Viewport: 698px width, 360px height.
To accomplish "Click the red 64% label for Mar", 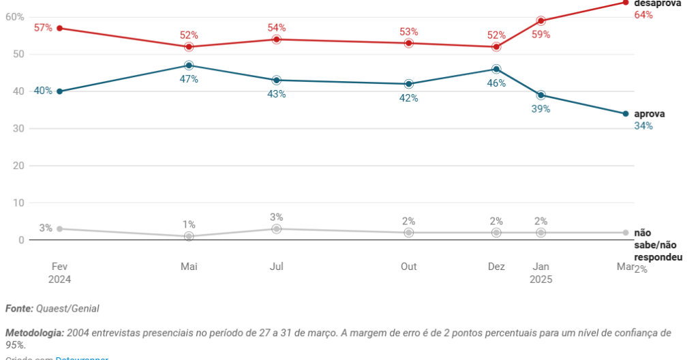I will pos(643,15).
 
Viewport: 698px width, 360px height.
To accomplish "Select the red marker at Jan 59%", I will pos(541,20).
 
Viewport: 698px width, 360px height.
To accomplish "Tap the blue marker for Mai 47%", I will pos(189,65).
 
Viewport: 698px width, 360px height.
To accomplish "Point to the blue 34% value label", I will pos(643,126).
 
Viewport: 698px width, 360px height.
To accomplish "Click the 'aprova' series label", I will pos(649,115).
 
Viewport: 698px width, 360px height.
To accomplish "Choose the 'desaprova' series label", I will pos(657,3).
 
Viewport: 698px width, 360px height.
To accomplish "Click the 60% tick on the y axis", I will pos(14,16).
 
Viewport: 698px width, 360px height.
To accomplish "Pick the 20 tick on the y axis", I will pos(18,166).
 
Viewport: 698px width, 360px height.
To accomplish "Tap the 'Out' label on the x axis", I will pos(408,267).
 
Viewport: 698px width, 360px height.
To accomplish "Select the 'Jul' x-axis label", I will pos(277,267).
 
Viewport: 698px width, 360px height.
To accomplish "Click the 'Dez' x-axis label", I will pos(496,267).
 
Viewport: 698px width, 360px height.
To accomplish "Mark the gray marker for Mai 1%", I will pos(189,236).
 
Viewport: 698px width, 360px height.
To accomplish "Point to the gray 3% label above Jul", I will pos(277,217).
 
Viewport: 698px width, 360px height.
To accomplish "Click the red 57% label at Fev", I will pos(43,28).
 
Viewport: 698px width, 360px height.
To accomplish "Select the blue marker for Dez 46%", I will pos(496,69).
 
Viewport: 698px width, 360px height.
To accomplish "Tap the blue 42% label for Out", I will pos(409,98).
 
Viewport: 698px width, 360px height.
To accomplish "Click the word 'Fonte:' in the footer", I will pos(19,309).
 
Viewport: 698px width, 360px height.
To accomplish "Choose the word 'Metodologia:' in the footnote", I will pos(35,333).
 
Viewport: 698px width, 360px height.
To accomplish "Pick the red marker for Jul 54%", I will pos(277,40).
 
